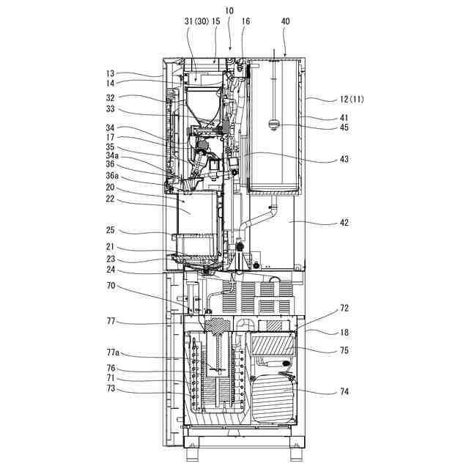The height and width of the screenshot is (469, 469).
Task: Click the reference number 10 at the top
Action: pos(229,11)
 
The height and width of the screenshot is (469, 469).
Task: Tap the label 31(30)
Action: pos(196,21)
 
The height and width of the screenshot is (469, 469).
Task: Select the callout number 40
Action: pos(285,21)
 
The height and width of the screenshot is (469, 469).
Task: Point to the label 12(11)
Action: pos(352,100)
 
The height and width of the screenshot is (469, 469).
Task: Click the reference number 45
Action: pos(344,128)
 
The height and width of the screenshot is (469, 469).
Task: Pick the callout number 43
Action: pos(344,159)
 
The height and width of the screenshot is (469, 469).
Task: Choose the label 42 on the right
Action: pos(344,223)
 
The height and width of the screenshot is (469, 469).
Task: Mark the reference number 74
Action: pos(344,391)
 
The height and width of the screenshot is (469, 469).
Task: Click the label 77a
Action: pos(113,353)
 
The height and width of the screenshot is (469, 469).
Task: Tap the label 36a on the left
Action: pos(112,176)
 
